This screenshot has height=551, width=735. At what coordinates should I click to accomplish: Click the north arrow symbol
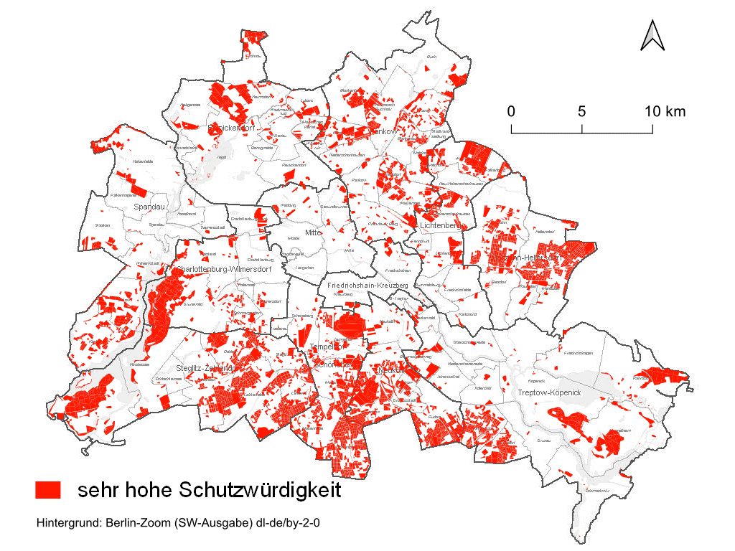(652, 35)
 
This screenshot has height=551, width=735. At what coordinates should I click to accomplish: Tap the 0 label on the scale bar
(510, 111)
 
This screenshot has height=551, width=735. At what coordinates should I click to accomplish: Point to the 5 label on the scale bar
(581, 111)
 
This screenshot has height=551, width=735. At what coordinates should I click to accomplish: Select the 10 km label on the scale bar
(664, 111)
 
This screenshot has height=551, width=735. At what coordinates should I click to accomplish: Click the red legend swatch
(49, 490)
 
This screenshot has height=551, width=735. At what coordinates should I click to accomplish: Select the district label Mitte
(312, 232)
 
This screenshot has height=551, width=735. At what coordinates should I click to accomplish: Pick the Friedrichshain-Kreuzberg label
(367, 286)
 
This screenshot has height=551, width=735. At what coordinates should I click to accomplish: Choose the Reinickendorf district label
(232, 128)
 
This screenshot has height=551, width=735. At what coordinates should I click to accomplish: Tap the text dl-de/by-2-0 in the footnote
(286, 523)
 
